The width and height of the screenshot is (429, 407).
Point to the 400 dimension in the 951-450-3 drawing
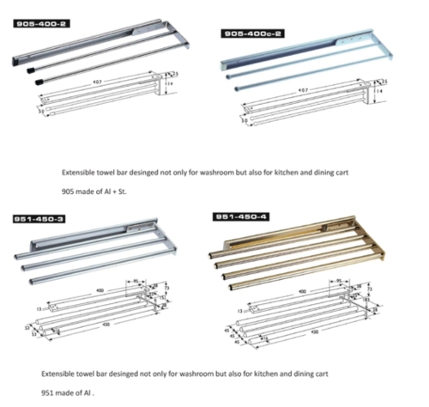[x=102, y=290]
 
